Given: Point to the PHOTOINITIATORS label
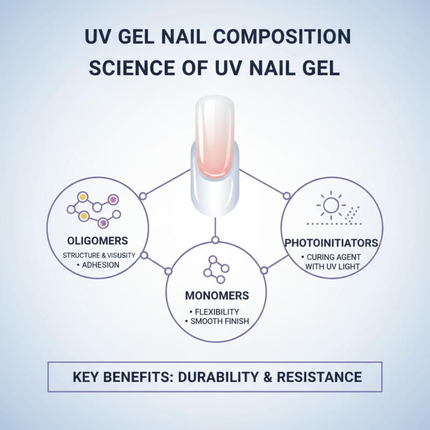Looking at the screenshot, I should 331,243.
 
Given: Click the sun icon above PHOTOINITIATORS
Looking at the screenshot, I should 329,205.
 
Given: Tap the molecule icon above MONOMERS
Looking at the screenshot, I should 216,267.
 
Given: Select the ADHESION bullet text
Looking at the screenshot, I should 99,265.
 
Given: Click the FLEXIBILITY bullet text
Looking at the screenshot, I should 216,311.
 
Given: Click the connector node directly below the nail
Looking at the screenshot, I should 215,239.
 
